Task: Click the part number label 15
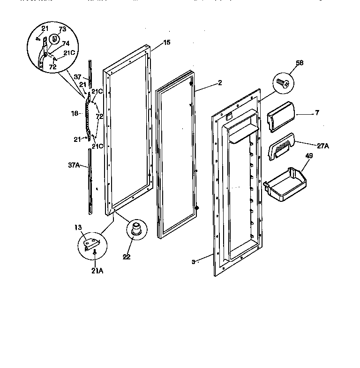(167, 43)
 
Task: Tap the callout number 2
(220, 83)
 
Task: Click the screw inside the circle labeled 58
(282, 82)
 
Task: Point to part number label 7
(318, 113)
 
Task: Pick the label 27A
(323, 146)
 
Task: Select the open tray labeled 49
(283, 186)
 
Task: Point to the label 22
(127, 257)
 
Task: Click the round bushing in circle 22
(135, 229)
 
